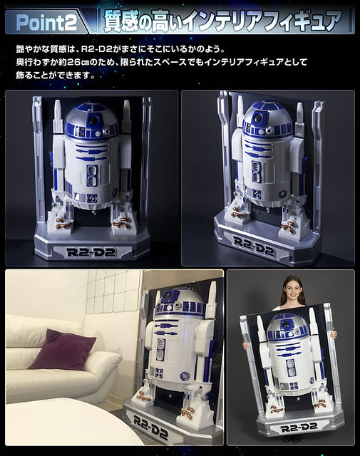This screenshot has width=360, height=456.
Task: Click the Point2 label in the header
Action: coord(46,22)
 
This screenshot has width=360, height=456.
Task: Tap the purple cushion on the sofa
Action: coord(62,349)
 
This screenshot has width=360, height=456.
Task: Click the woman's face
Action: coord(293,288)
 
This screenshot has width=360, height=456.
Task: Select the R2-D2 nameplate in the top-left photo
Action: coord(92,252)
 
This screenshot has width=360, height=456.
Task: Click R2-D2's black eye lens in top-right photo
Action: coord(258,118)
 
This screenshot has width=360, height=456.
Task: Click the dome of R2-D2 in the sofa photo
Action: coord(179,302)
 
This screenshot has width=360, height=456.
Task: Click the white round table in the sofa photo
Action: coord(70,422)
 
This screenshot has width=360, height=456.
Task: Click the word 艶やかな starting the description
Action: coord(35,49)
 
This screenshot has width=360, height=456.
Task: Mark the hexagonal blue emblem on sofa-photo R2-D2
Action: coord(185,376)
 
